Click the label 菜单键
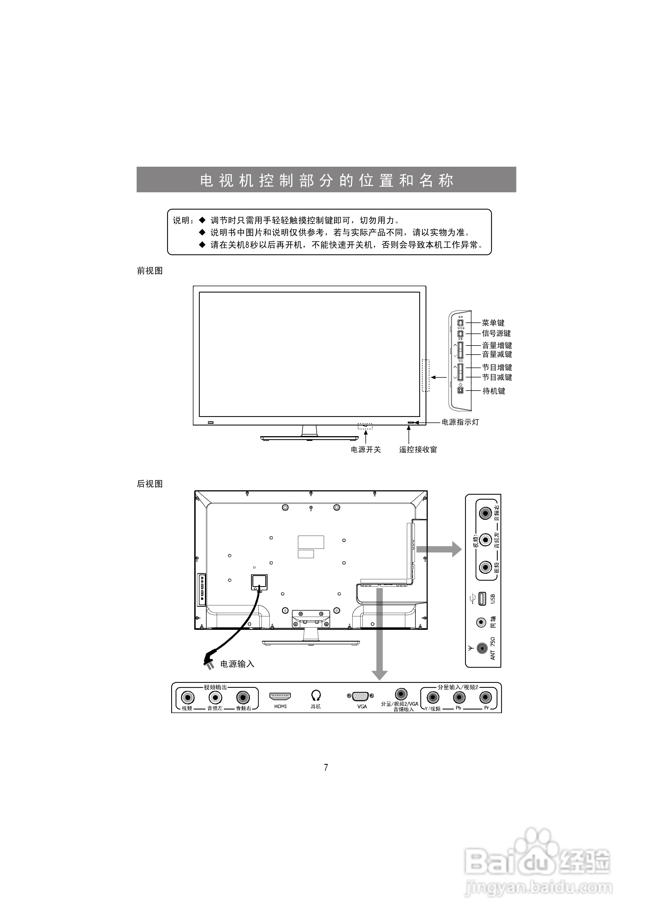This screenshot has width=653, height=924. point(493,323)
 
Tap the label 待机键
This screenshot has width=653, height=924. point(494,391)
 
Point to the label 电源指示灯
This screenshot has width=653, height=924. point(460,422)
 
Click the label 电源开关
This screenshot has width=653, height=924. point(365,450)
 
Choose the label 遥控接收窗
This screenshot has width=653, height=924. point(418,450)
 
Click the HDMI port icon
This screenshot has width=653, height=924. point(280,696)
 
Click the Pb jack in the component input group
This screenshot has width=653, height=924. point(459,697)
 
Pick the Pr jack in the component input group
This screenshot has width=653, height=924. point(486,697)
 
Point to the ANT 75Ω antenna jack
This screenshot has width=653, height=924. point(482,648)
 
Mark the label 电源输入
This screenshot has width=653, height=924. point(237,664)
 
